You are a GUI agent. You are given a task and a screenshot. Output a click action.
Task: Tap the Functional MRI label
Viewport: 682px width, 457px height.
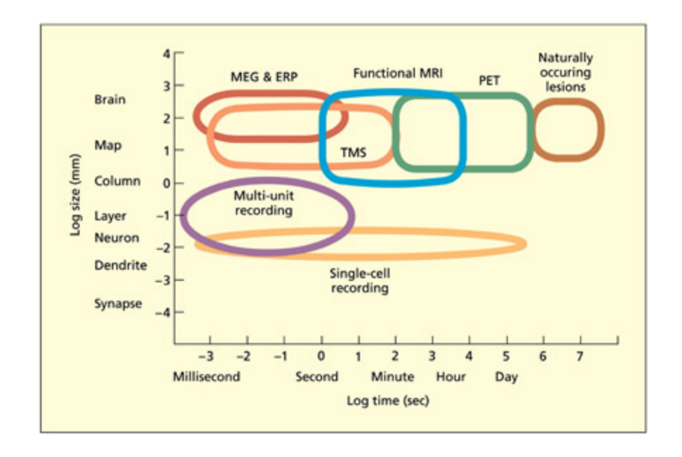click(397, 73)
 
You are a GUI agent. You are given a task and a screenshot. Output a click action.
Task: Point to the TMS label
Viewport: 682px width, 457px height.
click(353, 151)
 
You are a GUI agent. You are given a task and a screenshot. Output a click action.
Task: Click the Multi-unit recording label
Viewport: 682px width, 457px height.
click(263, 203)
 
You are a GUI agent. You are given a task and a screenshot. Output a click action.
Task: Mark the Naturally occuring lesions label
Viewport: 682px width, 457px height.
click(565, 72)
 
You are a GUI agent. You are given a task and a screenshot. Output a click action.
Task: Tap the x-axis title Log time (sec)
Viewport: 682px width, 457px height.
click(387, 401)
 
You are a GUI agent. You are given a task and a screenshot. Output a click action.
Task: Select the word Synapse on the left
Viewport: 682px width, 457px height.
click(118, 303)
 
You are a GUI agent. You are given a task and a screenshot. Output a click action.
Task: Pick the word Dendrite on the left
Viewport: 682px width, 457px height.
click(120, 265)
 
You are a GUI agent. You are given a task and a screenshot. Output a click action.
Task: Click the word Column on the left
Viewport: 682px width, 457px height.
click(118, 181)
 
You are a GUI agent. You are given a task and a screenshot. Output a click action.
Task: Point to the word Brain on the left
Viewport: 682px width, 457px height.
click(110, 99)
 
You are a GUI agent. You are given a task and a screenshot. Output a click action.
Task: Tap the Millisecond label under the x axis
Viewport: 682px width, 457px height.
click(206, 377)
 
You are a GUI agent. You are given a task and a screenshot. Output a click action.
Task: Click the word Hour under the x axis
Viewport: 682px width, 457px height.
click(451, 377)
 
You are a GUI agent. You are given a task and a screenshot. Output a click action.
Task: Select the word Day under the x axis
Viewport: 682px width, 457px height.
click(506, 377)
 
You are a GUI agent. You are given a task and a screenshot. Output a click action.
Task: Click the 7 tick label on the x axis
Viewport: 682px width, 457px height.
click(580, 356)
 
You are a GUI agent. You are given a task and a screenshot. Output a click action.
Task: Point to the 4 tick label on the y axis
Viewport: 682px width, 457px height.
click(167, 54)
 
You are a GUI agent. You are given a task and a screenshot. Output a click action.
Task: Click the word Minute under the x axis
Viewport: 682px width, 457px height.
click(392, 377)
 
